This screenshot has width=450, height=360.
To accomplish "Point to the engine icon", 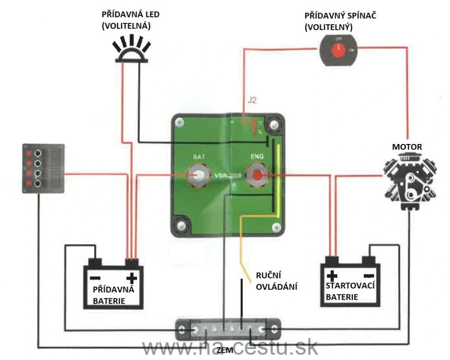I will coord(409,178).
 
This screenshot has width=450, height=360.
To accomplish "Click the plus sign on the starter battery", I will coord(332,275).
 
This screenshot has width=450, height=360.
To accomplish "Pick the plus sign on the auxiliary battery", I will coord(132,277).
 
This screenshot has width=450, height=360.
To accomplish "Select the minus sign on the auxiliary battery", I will coord(95,277).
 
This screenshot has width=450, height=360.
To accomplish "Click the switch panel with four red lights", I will coord(44,168).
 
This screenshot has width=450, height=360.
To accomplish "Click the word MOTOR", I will coord(407,147).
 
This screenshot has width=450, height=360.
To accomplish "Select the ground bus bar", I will coord(228,330).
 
